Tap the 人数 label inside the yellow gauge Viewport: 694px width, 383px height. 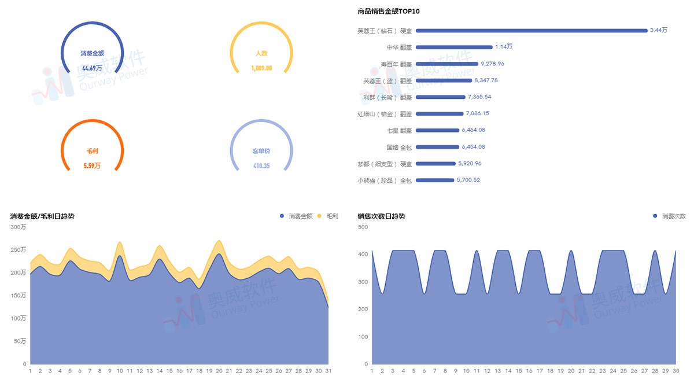(x=261, y=53)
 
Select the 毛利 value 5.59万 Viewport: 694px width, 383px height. (x=93, y=165)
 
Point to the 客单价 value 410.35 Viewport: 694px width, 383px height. (x=261, y=166)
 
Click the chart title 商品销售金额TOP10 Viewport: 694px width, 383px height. (x=388, y=11)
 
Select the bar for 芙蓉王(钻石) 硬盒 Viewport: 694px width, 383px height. (x=531, y=30)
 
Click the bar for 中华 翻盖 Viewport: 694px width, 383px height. (x=454, y=47)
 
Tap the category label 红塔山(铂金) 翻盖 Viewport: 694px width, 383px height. (x=385, y=114)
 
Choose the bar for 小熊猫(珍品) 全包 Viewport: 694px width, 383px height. (x=435, y=180)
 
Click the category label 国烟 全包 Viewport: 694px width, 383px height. (x=399, y=147)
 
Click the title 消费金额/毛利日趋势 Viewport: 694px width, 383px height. (x=42, y=216)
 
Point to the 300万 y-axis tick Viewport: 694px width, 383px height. (x=19, y=227)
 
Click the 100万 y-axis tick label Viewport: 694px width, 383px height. (x=19, y=318)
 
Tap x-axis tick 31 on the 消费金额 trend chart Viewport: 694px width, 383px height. (x=328, y=371)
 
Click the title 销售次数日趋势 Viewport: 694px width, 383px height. (x=381, y=216)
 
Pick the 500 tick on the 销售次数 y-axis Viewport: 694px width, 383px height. (x=363, y=227)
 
